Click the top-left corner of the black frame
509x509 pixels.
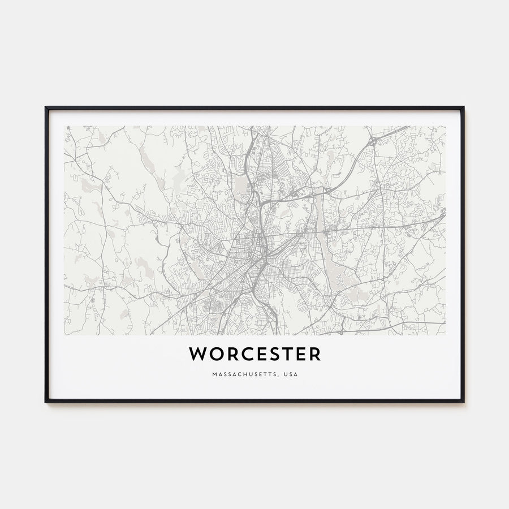pos(46,107)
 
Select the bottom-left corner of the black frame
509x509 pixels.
pos(46,402)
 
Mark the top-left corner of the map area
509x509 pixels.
pos(64,126)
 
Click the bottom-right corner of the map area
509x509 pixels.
pos(445,335)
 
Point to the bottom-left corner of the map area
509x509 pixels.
pos(64,335)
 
